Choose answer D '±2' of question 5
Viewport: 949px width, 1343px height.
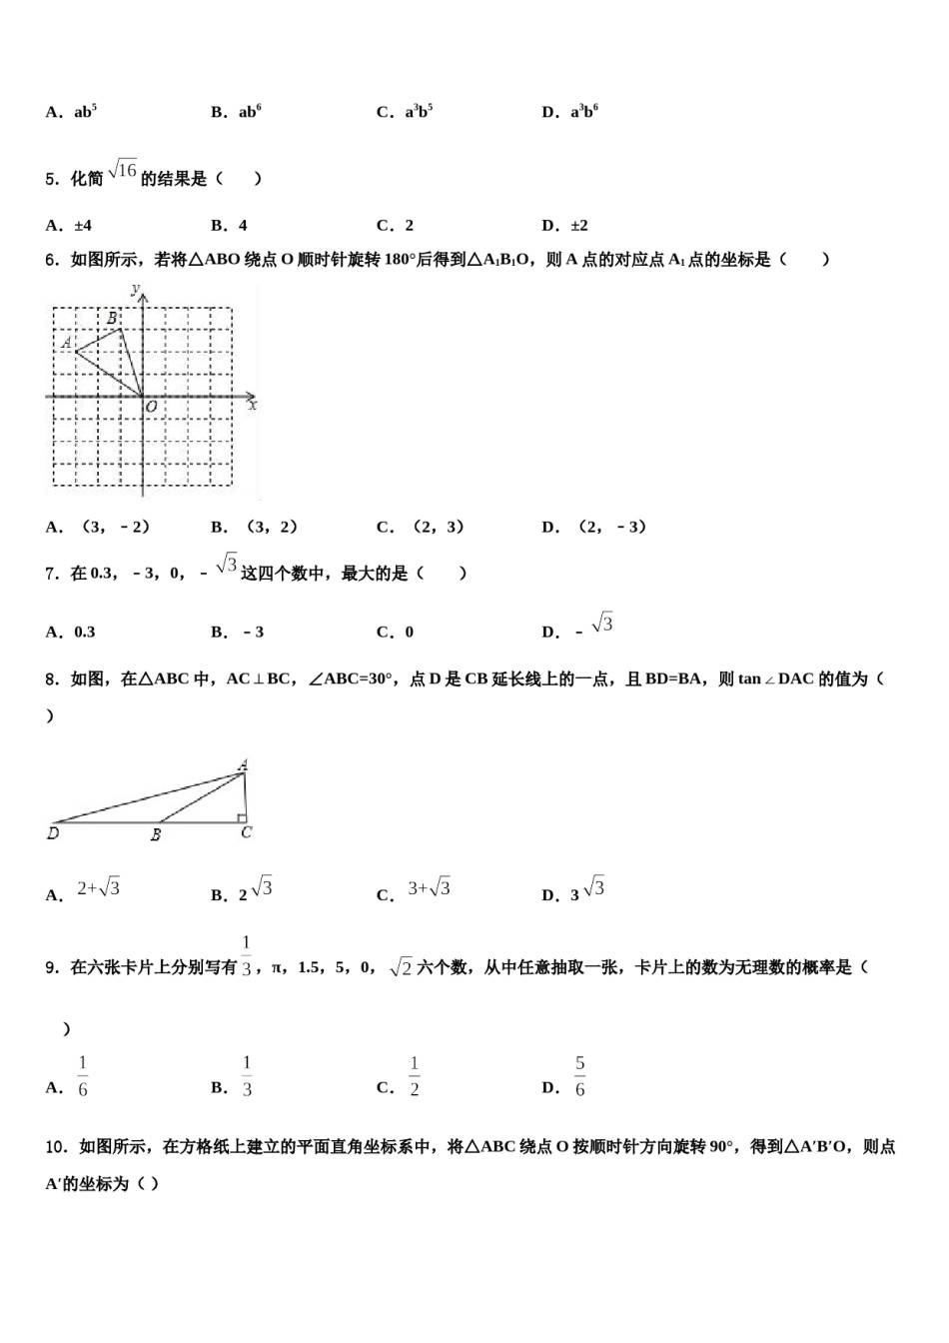pos(565,226)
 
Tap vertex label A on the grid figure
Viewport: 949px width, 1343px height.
pos(67,343)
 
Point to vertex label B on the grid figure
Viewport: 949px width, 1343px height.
pos(112,318)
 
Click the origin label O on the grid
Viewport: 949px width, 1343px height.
pos(151,408)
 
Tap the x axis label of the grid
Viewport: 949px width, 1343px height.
pos(253,406)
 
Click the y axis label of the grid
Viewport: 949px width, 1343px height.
pos(135,289)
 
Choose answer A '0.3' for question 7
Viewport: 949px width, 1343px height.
pos(71,632)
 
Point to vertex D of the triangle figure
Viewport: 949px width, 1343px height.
pos(53,832)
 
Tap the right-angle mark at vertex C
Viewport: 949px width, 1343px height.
pos(242,818)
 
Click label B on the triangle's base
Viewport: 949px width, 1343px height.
pos(156,834)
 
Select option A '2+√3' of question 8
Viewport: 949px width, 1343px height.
pos(98,888)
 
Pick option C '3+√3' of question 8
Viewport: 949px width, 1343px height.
pos(429,888)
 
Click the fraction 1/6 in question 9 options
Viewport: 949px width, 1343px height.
pos(83,1076)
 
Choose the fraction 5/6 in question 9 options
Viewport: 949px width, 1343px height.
pos(580,1076)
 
